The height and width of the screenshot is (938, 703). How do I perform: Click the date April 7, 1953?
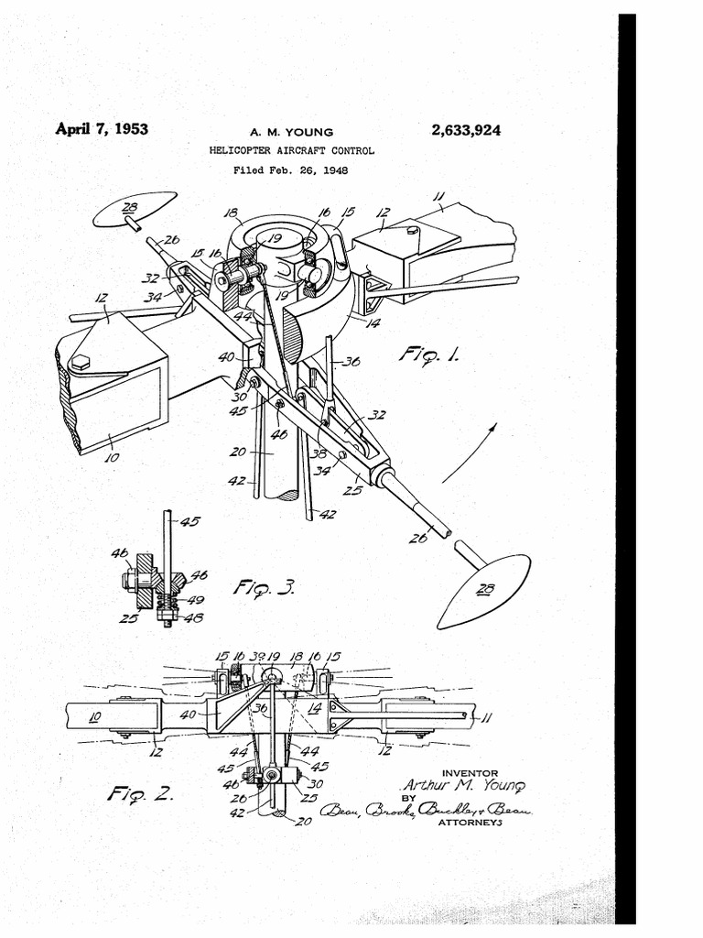[x=102, y=128]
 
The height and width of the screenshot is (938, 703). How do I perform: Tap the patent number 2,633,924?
[x=466, y=130]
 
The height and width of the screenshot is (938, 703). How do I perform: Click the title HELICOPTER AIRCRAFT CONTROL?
[x=291, y=150]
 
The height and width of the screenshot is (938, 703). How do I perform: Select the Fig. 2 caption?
[x=137, y=792]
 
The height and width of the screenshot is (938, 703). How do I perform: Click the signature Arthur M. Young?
[x=465, y=787]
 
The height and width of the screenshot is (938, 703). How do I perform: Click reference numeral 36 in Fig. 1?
[x=351, y=361]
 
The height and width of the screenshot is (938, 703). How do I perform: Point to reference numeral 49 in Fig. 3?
[x=195, y=601]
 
